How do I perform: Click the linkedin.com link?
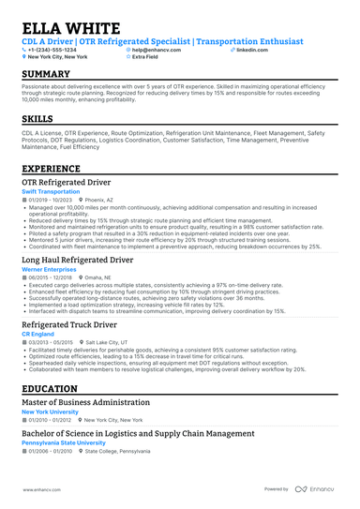point(252,50)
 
